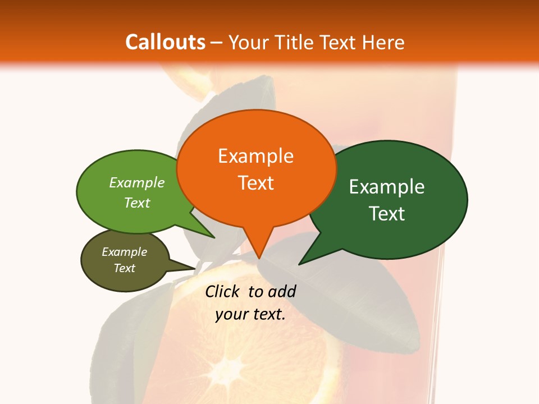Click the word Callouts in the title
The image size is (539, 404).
[165, 42]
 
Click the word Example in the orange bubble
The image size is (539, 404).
[256, 156]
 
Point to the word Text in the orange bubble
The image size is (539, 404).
[256, 183]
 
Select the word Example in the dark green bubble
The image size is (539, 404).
[387, 187]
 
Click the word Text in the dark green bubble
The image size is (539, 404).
[387, 214]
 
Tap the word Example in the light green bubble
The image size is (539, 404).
[137, 182]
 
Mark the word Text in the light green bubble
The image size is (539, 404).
[137, 203]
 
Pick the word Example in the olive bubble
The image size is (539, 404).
[125, 252]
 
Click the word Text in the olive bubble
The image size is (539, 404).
[125, 268]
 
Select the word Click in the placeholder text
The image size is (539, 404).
[223, 291]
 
